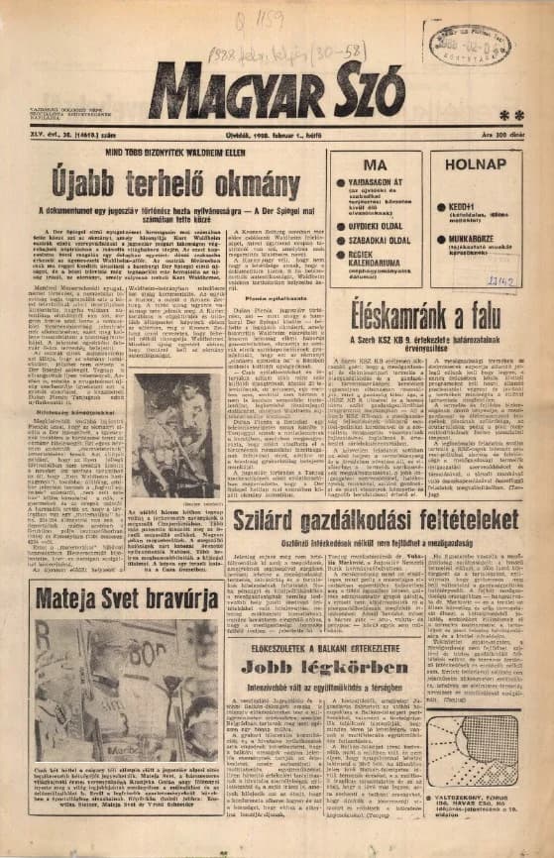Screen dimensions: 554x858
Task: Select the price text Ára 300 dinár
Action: tap(505, 135)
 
